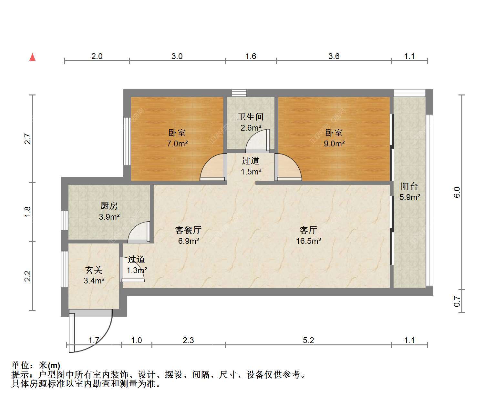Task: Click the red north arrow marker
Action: click(32, 57)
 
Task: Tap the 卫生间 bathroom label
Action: click(251, 117)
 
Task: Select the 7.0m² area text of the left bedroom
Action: click(177, 143)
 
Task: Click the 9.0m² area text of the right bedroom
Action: click(334, 143)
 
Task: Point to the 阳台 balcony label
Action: click(409, 186)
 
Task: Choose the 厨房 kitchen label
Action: click(109, 206)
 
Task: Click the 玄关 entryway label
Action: click(94, 270)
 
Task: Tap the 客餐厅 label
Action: click(188, 230)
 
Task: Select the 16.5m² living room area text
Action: click(308, 241)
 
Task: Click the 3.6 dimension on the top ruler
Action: click(334, 56)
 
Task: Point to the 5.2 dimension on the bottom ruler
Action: click(308, 340)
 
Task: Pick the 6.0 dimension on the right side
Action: click(457, 192)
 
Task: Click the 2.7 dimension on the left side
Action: click(28, 139)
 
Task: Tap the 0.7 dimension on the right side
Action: click(457, 301)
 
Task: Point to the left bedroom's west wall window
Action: click(127, 141)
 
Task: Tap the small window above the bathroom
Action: click(239, 93)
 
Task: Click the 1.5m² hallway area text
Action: click(251, 172)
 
